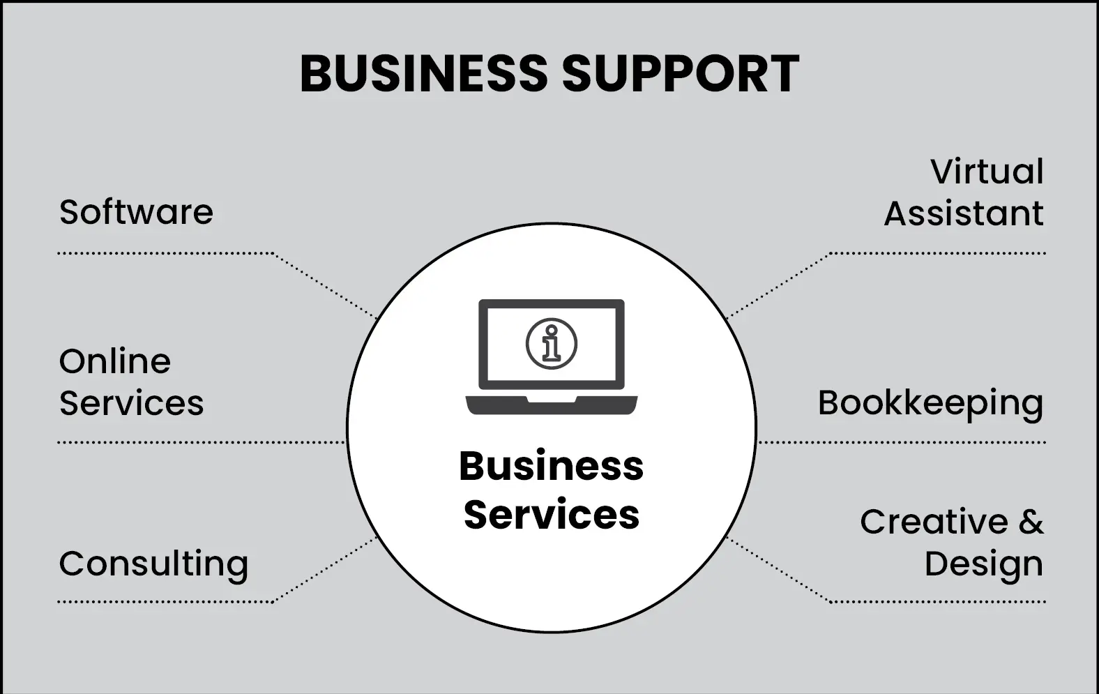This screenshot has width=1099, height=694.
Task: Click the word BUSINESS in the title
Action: (x=423, y=73)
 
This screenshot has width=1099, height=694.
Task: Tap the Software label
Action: (x=136, y=212)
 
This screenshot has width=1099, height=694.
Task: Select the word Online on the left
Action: (x=115, y=361)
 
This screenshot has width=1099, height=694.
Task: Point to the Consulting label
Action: (x=153, y=564)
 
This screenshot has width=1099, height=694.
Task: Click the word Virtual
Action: (x=987, y=172)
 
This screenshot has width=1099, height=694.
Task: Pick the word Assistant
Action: (x=964, y=213)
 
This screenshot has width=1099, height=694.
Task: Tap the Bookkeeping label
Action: (x=930, y=404)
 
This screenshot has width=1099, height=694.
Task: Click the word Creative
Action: (x=934, y=522)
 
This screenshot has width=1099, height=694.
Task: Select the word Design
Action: (x=983, y=564)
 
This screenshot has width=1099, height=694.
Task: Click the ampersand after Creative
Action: (x=1031, y=522)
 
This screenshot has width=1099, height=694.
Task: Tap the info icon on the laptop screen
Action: (x=551, y=343)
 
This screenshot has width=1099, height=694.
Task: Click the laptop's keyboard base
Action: (x=551, y=405)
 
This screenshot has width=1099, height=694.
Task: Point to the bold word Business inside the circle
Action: (x=551, y=466)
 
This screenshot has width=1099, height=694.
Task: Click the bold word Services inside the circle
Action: (x=551, y=515)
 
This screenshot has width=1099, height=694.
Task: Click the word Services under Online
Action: (x=131, y=403)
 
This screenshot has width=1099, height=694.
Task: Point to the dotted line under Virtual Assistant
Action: (x=938, y=253)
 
